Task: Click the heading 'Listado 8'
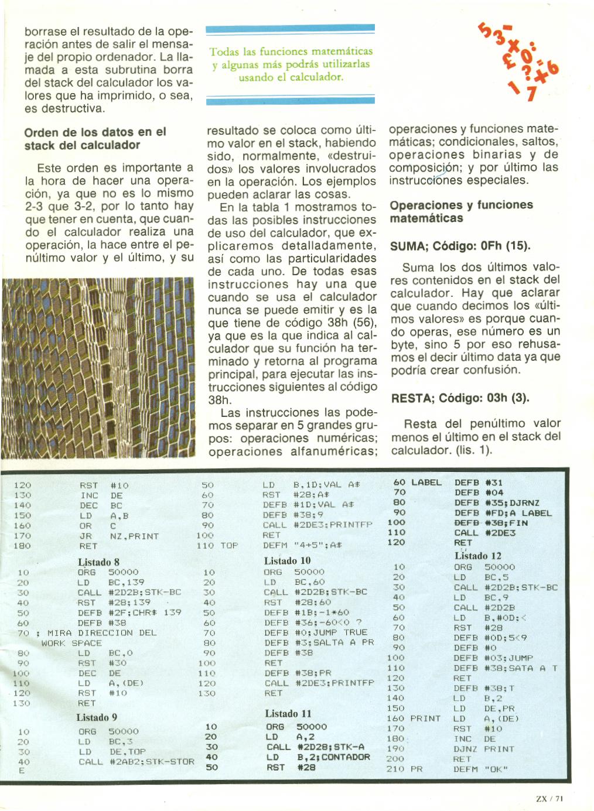(98, 562)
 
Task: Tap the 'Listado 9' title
(97, 717)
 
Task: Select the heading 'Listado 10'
(287, 560)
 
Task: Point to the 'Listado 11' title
(288, 713)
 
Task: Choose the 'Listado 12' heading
(477, 556)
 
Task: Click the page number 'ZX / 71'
(549, 798)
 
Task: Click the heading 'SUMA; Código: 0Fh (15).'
(460, 246)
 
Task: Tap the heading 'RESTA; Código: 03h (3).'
(460, 398)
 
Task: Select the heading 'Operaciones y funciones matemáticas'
(461, 211)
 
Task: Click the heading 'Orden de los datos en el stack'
(95, 138)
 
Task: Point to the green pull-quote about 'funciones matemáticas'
(291, 64)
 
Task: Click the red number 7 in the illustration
(531, 93)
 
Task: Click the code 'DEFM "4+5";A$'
(302, 545)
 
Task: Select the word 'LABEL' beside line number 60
(426, 483)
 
